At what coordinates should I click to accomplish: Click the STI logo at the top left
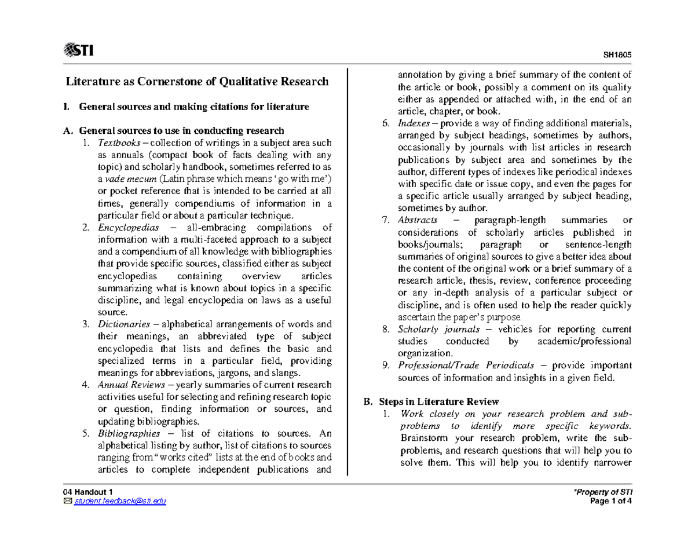(79, 51)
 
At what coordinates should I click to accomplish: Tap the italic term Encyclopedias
(128, 228)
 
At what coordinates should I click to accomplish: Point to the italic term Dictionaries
(123, 324)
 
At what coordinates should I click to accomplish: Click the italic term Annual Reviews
(127, 385)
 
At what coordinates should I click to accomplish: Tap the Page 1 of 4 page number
(614, 501)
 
